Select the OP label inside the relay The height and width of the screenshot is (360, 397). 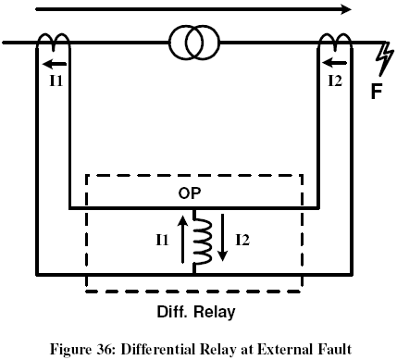coord(193,194)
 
